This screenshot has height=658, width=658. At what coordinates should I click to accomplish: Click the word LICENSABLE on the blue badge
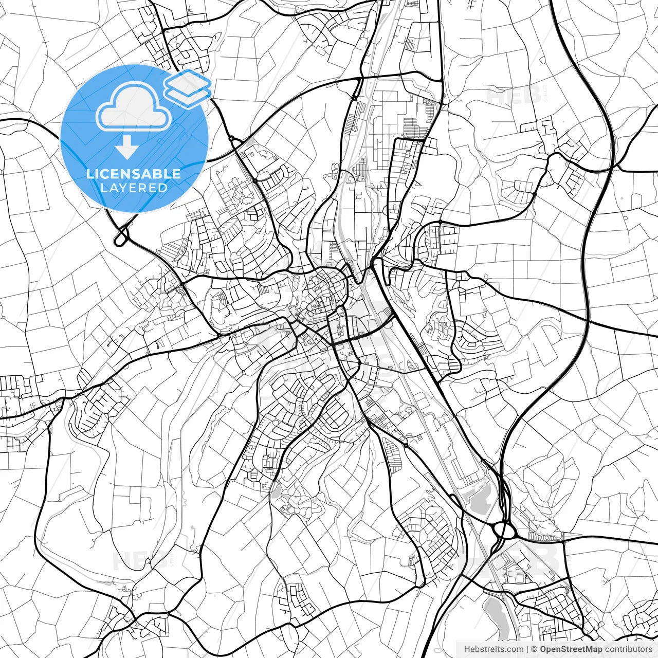[x=134, y=174]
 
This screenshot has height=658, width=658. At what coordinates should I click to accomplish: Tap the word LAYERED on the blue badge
[x=134, y=188]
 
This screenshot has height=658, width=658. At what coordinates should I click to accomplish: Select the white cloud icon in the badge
[x=134, y=106]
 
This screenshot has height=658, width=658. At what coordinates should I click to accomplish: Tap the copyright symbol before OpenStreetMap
[x=535, y=649]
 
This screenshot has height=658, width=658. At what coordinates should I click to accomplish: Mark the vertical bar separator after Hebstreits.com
[x=527, y=649]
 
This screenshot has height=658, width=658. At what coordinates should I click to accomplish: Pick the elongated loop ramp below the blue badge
[x=121, y=237]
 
